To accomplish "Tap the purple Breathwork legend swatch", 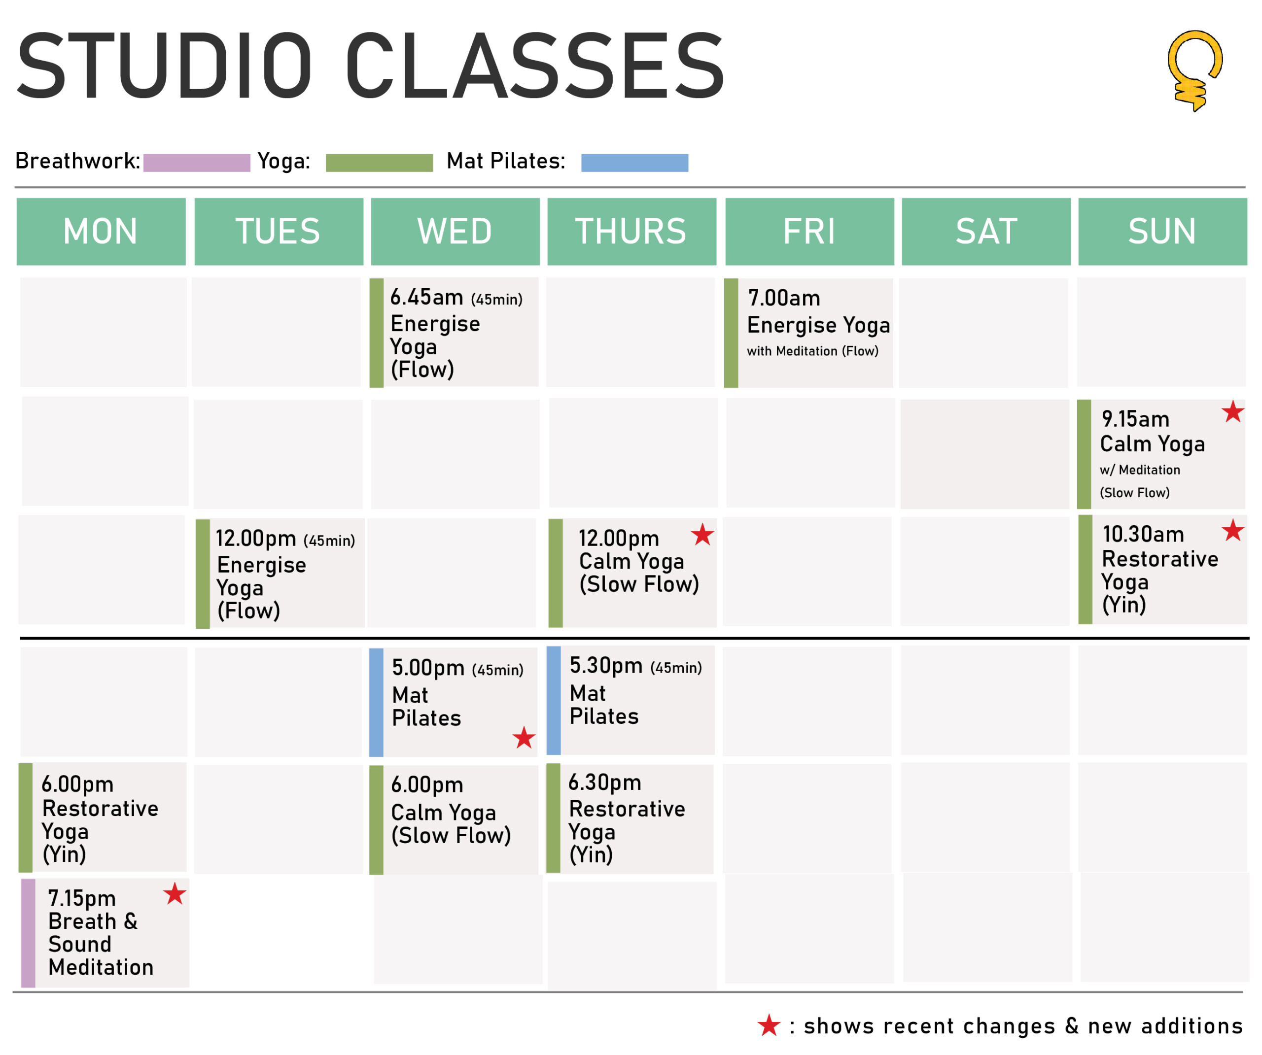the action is pyautogui.click(x=197, y=163).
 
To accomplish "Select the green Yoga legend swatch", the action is pyautogui.click(x=379, y=163).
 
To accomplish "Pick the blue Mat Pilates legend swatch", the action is pyautogui.click(x=634, y=163).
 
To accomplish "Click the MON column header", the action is pyautogui.click(x=101, y=231).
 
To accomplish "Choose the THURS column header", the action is pyautogui.click(x=631, y=231).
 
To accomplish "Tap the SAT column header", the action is pyautogui.click(x=986, y=231).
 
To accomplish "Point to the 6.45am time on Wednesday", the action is pyautogui.click(x=427, y=297).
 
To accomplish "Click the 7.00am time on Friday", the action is pyautogui.click(x=784, y=298).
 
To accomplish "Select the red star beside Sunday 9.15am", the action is pyautogui.click(x=1232, y=411).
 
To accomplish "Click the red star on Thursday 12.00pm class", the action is pyautogui.click(x=702, y=534).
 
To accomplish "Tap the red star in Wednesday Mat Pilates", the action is pyautogui.click(x=524, y=737).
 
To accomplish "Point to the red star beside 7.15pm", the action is pyautogui.click(x=175, y=893).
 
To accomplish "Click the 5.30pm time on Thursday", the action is pyautogui.click(x=606, y=665).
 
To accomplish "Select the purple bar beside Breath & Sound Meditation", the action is pyautogui.click(x=28, y=933).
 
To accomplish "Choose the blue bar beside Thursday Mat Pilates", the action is pyautogui.click(x=554, y=701).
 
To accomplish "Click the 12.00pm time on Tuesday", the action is pyautogui.click(x=255, y=538).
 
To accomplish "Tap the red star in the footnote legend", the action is pyautogui.click(x=769, y=1025).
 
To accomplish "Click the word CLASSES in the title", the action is pyautogui.click(x=535, y=66).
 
